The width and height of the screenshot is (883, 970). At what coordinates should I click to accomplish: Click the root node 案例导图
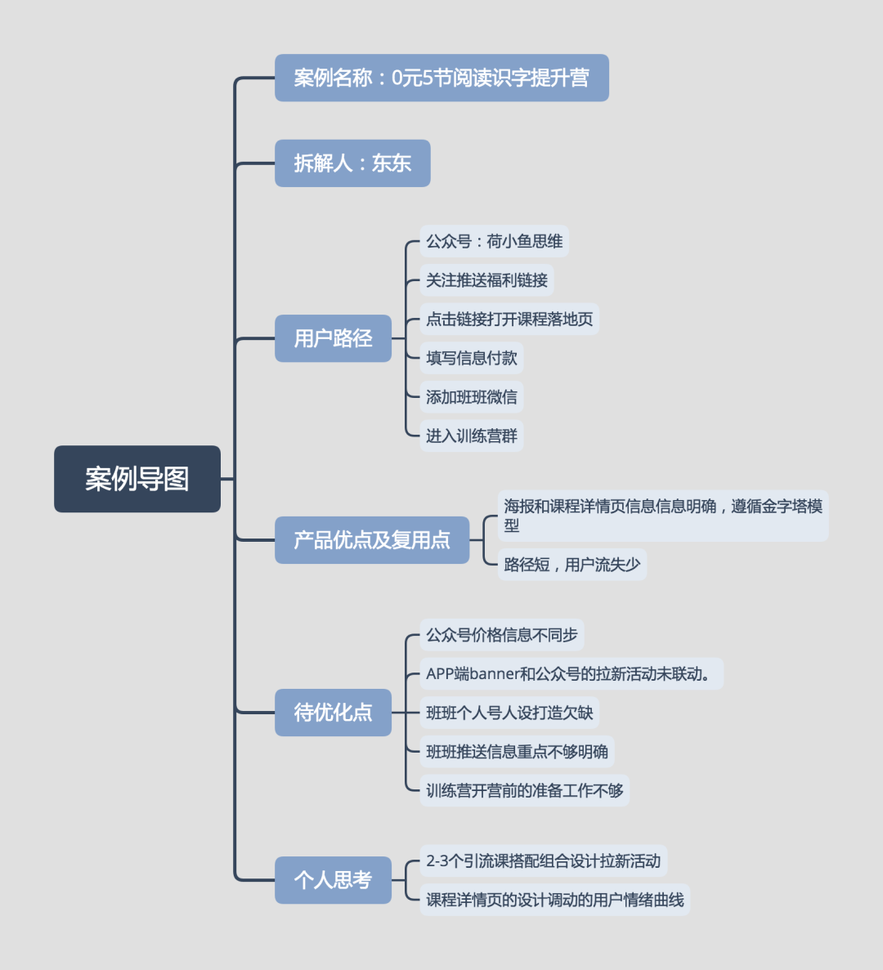137,479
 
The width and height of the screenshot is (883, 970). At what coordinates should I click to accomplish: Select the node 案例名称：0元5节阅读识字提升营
441,78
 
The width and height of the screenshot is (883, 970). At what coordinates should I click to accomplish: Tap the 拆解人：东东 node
352,163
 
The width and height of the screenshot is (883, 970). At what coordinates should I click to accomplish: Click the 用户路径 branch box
333,338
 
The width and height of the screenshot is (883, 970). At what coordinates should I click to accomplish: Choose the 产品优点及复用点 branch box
372,540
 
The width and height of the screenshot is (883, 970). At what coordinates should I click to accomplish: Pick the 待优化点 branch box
333,713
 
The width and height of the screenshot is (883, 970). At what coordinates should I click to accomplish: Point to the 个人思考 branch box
333,880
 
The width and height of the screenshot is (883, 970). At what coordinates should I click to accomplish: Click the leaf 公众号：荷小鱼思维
494,242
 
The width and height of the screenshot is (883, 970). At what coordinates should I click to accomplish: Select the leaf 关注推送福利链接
486,280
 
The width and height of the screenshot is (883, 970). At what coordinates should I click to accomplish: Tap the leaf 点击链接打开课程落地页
509,320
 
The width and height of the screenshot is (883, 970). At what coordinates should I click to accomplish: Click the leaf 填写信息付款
471,358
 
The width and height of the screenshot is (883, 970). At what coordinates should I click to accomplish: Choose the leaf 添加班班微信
471,397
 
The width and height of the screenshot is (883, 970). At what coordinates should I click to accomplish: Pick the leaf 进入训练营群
471,436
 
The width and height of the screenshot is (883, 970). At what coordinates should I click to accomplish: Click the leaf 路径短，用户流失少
571,565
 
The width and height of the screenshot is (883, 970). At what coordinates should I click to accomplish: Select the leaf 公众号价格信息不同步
501,635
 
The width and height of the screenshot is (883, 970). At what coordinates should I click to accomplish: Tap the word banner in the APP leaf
495,674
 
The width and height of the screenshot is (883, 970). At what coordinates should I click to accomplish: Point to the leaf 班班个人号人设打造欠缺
509,713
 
